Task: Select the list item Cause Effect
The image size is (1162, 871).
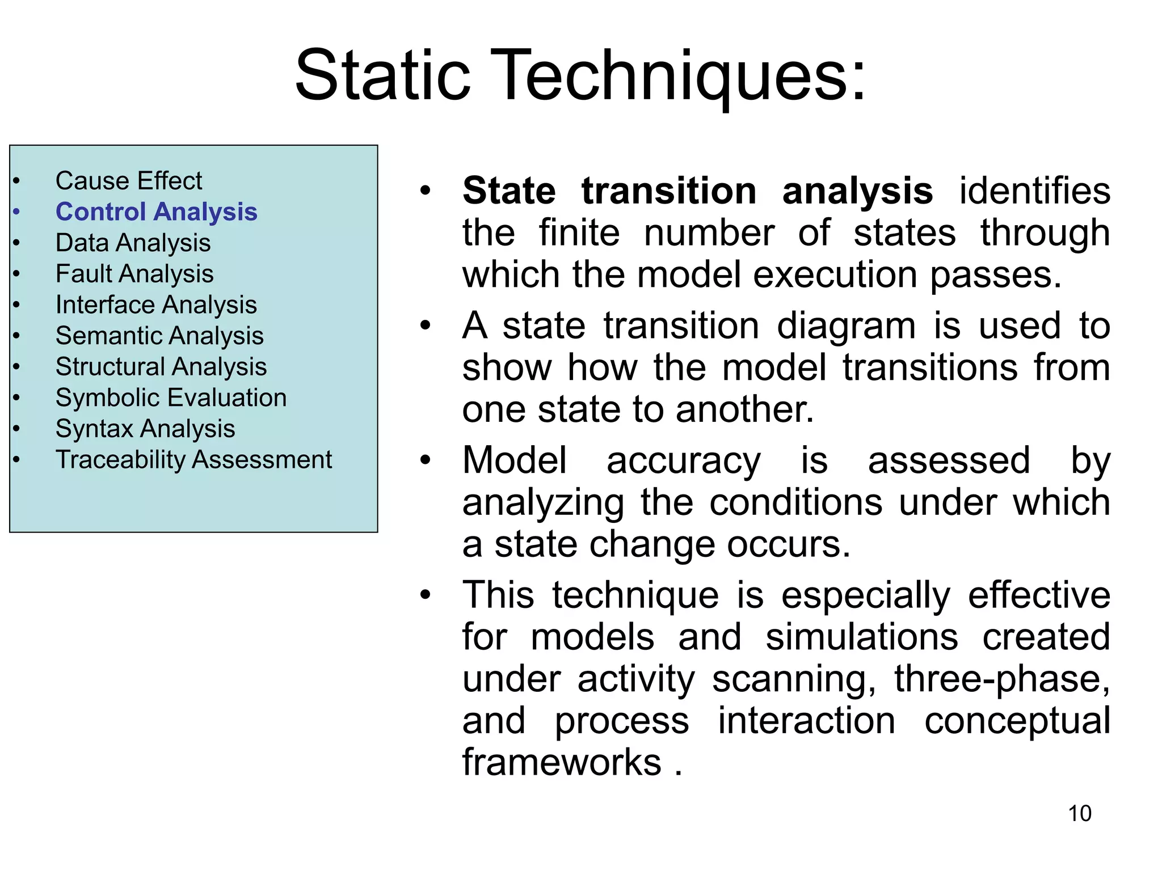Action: click(129, 181)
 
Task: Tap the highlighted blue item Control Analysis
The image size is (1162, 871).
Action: click(156, 212)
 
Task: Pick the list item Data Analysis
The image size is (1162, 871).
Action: click(133, 243)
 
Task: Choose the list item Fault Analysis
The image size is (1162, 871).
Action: click(134, 274)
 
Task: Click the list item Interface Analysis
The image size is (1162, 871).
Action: click(156, 305)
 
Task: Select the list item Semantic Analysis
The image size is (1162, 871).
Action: click(159, 336)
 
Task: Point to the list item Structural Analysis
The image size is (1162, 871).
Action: click(161, 367)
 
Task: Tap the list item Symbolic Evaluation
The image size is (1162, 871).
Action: click(171, 398)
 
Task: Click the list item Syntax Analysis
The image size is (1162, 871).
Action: click(145, 429)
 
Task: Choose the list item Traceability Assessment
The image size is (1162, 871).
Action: click(193, 459)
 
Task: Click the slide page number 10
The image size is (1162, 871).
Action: click(1079, 814)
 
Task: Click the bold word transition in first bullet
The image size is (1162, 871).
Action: click(669, 191)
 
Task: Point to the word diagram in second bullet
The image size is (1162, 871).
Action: click(846, 326)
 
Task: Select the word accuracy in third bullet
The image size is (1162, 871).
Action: click(683, 460)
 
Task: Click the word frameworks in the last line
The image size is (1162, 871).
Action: click(562, 762)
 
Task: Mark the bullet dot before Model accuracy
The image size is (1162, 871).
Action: click(426, 460)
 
